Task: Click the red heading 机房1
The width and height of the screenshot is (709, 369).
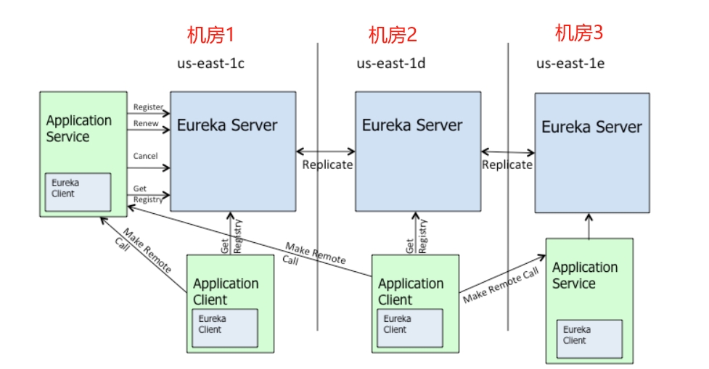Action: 211,35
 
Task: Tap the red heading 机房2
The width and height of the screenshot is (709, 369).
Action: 393,35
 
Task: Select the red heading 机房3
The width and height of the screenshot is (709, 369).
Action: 579,33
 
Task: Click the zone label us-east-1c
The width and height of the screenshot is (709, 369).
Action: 210,64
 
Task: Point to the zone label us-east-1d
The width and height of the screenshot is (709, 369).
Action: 390,64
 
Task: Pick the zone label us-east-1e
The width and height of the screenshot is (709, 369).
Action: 570,64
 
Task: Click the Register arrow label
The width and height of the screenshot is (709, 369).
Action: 148,107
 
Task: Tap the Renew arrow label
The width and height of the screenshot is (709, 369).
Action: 146,123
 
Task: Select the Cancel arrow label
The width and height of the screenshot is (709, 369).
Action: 145,156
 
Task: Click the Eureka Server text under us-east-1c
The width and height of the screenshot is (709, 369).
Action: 227,125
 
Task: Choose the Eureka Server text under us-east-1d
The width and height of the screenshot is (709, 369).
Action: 412,125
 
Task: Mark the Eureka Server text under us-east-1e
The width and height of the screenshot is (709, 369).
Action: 591,127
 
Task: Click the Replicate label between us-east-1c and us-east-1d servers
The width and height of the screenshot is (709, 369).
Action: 327,165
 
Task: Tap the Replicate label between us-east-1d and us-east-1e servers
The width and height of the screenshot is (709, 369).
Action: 507,165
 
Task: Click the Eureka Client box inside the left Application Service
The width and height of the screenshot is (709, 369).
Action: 78,191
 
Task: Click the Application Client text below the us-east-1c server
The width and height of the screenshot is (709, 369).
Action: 226,291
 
